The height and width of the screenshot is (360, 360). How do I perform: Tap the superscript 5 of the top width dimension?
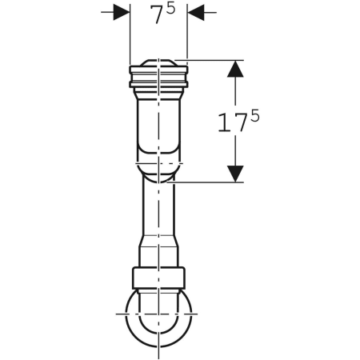click(170, 9)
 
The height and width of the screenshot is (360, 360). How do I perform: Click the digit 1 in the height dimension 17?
click(224, 122)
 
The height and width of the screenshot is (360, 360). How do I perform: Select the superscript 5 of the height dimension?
click(254, 116)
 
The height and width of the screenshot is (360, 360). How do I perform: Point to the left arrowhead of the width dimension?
click(122, 12)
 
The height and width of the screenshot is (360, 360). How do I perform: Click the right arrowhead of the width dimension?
click(195, 12)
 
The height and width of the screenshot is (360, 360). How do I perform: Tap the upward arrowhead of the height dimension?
click(235, 69)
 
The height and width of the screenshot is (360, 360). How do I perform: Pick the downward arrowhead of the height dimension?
click(235, 174)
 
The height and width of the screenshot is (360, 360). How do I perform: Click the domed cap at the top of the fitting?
click(158, 62)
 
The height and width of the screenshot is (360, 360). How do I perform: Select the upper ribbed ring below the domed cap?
click(158, 70)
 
